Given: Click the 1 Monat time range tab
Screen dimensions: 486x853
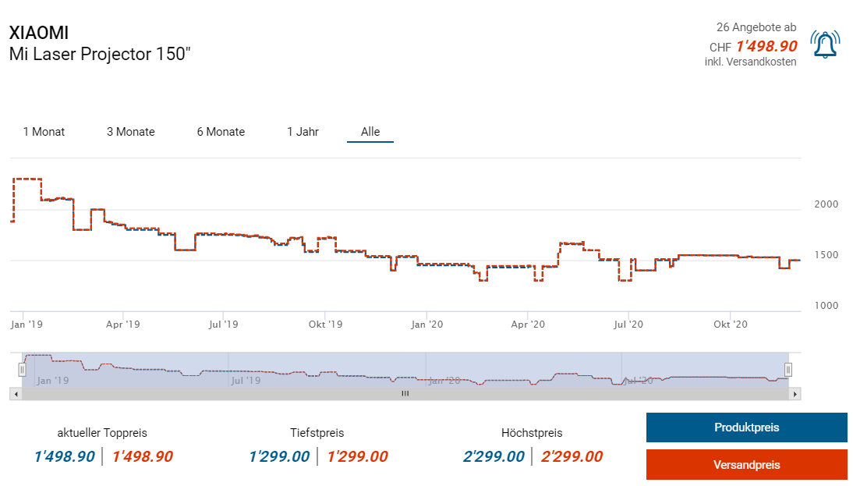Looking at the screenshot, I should point(44,132).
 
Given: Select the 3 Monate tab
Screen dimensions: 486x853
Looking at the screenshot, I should point(131,132).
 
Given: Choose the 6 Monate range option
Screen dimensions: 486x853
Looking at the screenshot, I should point(221,132).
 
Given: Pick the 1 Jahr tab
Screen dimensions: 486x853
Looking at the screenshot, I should point(303,132).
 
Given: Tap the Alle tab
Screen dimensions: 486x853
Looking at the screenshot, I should point(370,132).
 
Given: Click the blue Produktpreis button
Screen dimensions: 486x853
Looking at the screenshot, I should point(746,427).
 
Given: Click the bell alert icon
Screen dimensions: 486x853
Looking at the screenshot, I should point(825,44).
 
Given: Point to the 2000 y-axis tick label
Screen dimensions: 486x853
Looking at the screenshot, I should point(826,204).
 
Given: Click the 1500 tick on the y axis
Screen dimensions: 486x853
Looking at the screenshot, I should point(826,255).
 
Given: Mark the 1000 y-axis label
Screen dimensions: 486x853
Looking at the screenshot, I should point(826,306).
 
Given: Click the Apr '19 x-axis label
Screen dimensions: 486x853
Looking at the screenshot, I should point(122,324).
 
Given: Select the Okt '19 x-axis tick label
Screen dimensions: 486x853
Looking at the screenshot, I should point(326,324).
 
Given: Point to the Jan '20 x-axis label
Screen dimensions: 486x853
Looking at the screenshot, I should point(426,324).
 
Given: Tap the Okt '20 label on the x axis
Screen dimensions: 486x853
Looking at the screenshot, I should point(731,324).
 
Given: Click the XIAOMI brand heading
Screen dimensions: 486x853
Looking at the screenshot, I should point(39,33).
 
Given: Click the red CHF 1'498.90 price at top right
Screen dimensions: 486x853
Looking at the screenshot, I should point(766,46).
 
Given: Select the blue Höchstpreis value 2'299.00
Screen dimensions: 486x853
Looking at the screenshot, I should point(494,457).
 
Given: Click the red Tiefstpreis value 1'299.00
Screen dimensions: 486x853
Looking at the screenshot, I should point(357,457).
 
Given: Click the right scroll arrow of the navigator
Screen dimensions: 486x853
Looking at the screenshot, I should point(795,394).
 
